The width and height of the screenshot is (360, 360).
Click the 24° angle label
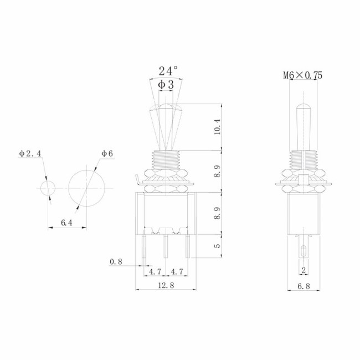coord(168,71)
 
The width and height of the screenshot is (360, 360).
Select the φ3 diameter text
coord(166,85)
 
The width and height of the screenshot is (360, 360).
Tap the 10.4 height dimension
coord(217,127)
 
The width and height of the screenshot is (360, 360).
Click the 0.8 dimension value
coord(116,261)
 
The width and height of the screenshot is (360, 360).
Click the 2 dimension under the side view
coord(303,270)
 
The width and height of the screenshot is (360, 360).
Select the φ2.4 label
coord(30,153)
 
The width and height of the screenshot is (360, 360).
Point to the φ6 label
coord(107,153)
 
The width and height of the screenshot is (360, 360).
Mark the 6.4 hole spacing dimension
coord(66,223)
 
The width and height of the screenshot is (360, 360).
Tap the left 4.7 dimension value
coord(156,271)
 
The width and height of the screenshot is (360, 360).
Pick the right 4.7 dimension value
coord(177,271)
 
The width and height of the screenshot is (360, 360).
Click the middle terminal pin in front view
coord(166,246)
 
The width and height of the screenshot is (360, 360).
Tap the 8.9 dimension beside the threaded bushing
coord(217,170)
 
